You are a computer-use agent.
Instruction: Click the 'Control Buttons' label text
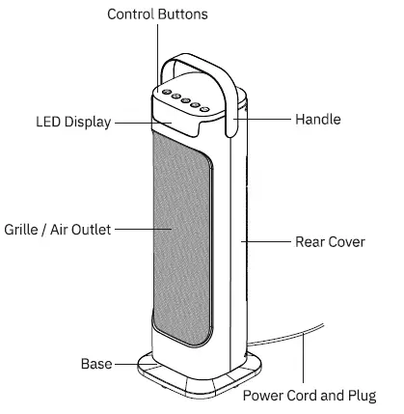156,14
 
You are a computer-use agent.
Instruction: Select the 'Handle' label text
317,120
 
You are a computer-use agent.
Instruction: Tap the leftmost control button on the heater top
166,93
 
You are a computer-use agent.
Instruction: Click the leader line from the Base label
125,365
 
